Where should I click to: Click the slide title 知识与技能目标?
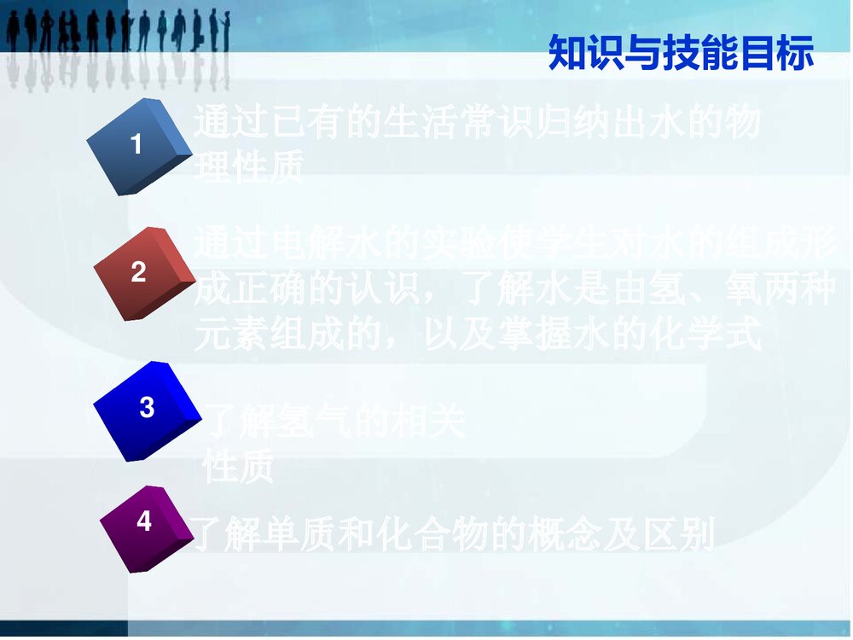(681, 53)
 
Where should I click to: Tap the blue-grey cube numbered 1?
(139, 146)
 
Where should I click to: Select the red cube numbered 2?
(141, 273)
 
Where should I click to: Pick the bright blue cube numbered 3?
(142, 410)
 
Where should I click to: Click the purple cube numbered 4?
(143, 527)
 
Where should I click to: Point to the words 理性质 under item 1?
(249, 169)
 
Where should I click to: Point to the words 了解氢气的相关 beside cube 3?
(336, 421)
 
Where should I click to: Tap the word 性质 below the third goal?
(239, 468)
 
